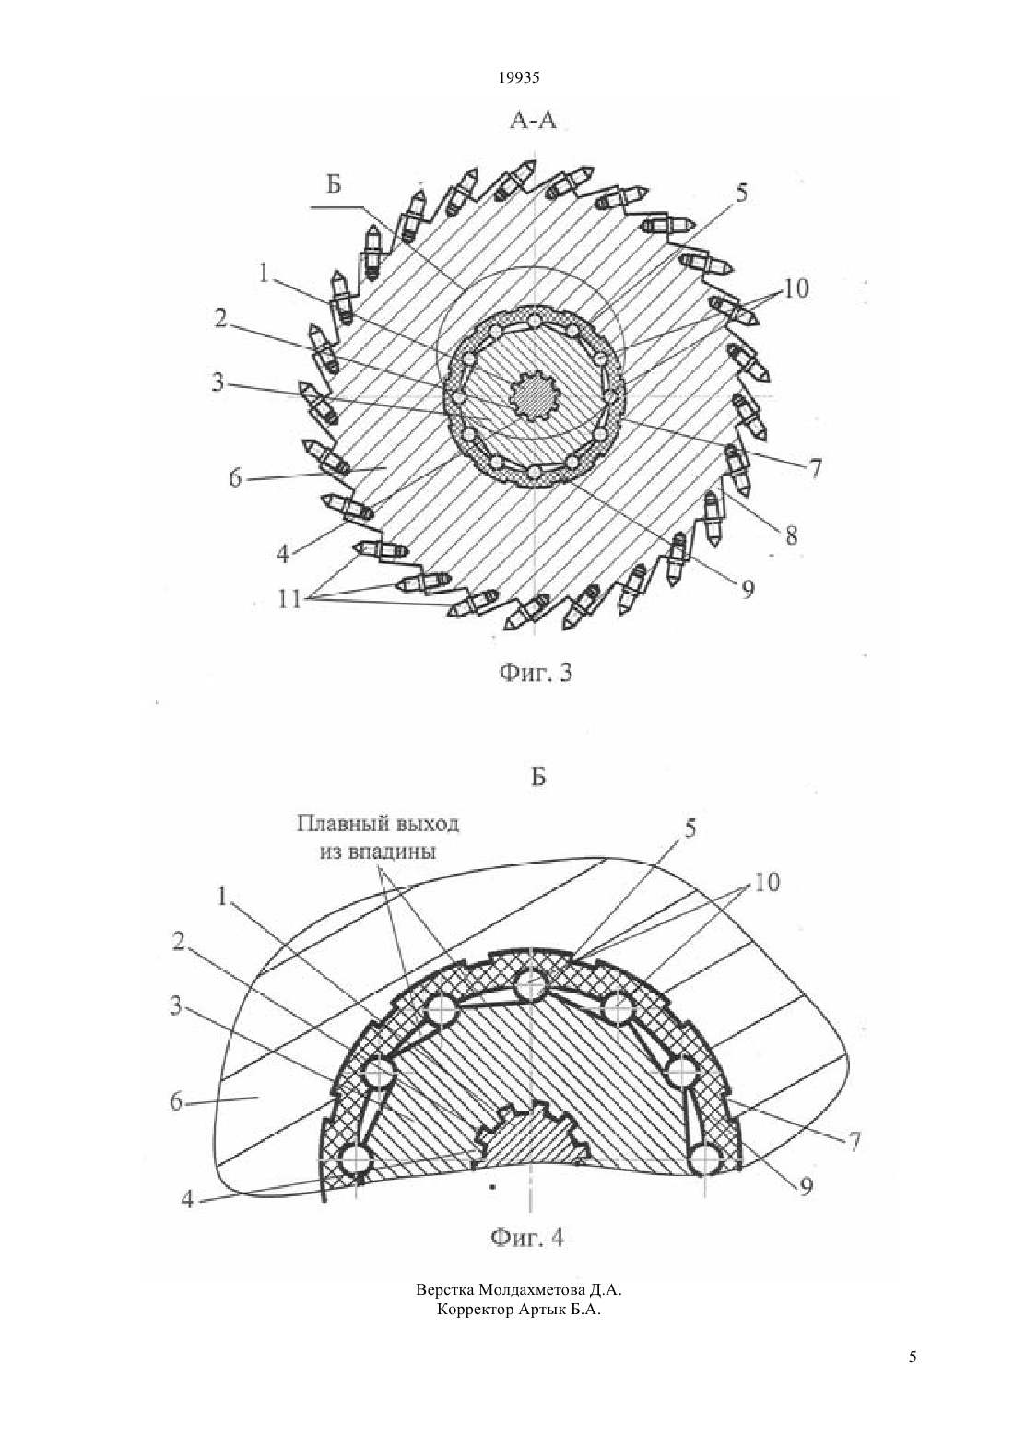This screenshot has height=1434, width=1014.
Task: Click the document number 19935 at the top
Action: (x=519, y=77)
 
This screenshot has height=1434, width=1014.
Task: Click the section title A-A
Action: (x=533, y=120)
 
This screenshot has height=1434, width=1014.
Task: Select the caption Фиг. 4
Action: (x=527, y=1238)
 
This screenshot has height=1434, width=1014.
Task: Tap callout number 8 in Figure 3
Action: (x=792, y=535)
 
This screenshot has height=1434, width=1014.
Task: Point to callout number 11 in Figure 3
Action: (x=289, y=599)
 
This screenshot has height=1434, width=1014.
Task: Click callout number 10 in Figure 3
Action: (x=796, y=288)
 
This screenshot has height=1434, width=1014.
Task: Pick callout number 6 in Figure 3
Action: (x=236, y=477)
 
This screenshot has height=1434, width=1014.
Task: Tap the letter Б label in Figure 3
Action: (x=334, y=184)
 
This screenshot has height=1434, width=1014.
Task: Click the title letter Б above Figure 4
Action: (x=538, y=777)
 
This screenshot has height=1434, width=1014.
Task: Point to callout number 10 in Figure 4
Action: (x=766, y=883)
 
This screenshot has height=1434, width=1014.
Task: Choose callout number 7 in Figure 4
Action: (x=855, y=1140)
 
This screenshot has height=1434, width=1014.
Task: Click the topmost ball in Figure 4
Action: (x=531, y=982)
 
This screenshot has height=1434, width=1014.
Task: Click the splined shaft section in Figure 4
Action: (x=533, y=1134)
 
